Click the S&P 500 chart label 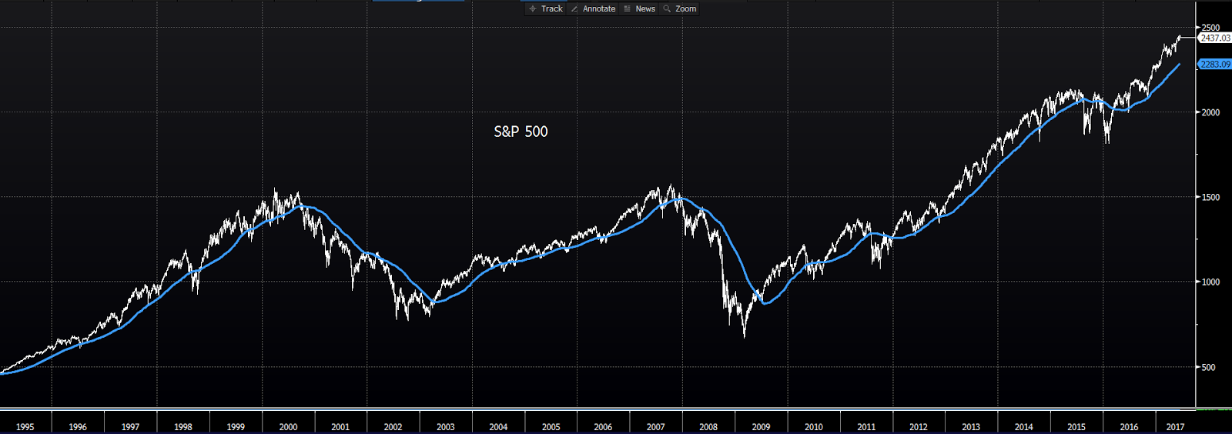click(x=521, y=132)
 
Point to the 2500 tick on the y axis click(x=1210, y=28)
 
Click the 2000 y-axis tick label click(x=1210, y=112)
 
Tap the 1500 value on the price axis click(x=1210, y=198)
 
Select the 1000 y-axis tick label click(x=1210, y=282)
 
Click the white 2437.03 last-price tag click(x=1215, y=38)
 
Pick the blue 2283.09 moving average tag click(x=1215, y=65)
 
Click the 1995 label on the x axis click(x=25, y=427)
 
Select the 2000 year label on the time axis click(x=288, y=427)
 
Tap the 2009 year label click(x=761, y=427)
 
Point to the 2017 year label click(x=1175, y=427)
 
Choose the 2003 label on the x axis click(x=446, y=427)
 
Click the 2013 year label click(x=971, y=427)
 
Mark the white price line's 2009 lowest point click(x=745, y=337)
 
